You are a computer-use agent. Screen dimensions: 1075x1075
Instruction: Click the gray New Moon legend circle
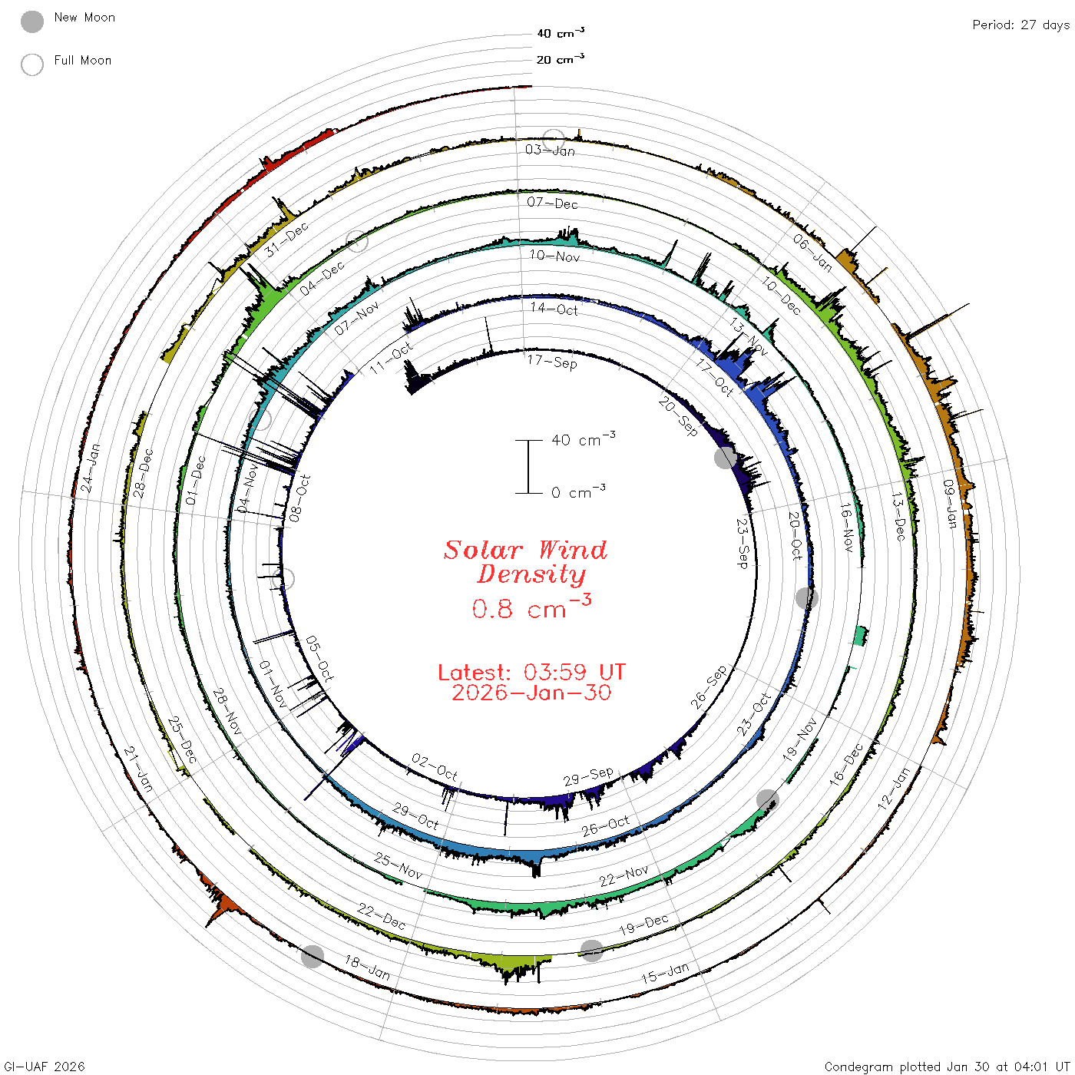coord(31,21)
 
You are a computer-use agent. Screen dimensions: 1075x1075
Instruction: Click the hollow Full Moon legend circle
coord(31,64)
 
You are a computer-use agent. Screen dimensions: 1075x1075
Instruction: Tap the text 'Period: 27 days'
coord(1020,25)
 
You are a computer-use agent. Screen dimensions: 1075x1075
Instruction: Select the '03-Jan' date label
coord(550,150)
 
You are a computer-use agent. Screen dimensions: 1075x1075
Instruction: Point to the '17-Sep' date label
coord(552,362)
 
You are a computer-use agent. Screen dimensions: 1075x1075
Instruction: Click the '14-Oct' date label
coord(554,309)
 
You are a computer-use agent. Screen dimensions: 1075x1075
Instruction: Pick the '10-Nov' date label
coord(554,256)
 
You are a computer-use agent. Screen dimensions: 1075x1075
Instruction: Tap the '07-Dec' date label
coord(552,203)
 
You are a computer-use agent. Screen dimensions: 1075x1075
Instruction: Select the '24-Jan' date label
coord(90,468)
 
